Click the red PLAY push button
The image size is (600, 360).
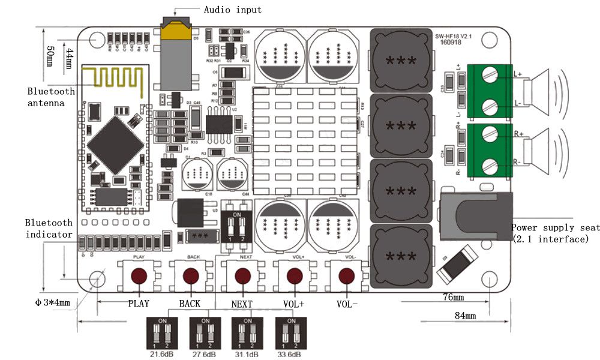click(139, 276)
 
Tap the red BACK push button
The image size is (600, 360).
click(191, 276)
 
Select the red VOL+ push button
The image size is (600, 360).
click(294, 276)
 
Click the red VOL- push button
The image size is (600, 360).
click(346, 276)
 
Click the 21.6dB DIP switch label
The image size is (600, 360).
click(161, 355)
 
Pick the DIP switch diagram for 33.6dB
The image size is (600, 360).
click(290, 334)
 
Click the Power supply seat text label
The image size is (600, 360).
click(554, 227)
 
